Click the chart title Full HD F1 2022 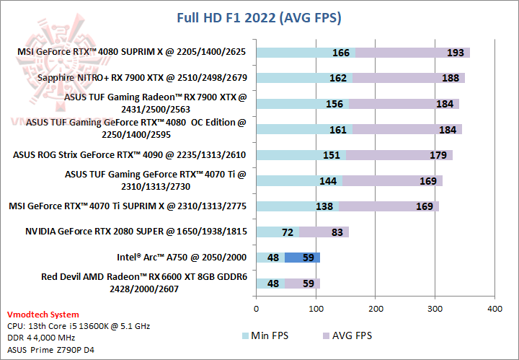pyautogui.click(x=259, y=17)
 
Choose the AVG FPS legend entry pyautogui.click(x=348, y=335)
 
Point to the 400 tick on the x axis pyautogui.click(x=494, y=308)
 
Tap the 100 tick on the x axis pyautogui.click(x=316, y=308)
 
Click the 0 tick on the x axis pyautogui.click(x=256, y=308)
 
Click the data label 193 pyautogui.click(x=435, y=53)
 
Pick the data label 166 pyautogui.click(x=341, y=53)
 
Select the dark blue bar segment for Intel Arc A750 pyautogui.click(x=302, y=258)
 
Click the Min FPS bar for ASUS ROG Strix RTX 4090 pyautogui.click(x=296, y=155)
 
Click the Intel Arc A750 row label pyautogui.click(x=182, y=257)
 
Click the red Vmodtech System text pyautogui.click(x=43, y=315)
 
